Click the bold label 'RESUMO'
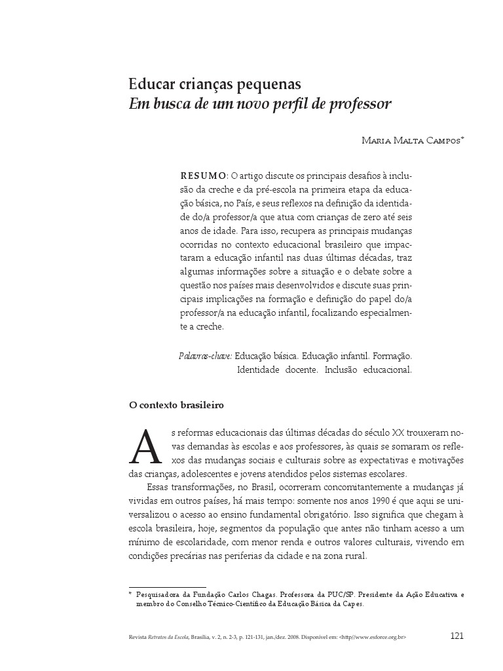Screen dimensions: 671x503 203,176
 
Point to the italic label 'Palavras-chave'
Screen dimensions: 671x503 205,356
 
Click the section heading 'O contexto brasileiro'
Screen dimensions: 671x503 176,406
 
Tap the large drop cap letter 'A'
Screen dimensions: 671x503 146,448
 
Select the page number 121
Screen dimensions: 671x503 457,636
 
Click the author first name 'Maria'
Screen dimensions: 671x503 377,141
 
